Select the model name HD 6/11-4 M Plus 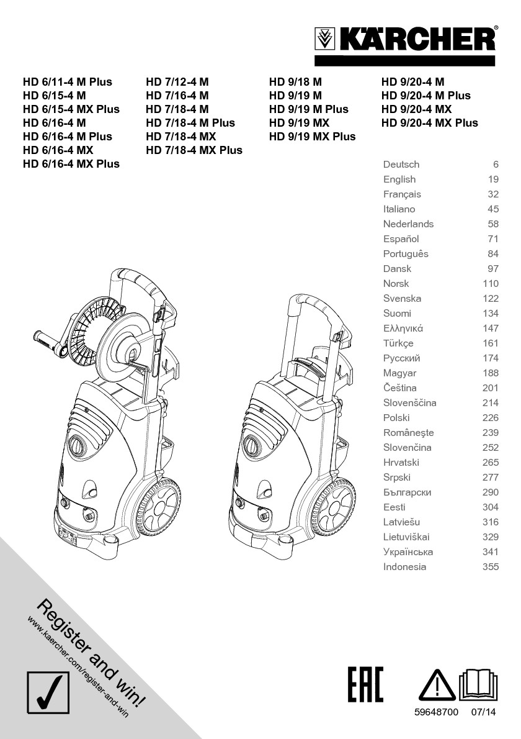68,82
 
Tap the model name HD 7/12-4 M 177,82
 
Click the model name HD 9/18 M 295,82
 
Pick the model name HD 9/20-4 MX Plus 430,123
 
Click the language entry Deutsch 401,165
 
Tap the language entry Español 401,239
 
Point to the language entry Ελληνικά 403,329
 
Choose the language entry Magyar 400,373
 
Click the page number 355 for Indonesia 490,567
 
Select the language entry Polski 396,418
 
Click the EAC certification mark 365,684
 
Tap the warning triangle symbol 437,687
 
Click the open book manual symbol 479,686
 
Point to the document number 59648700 436,714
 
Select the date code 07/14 484,714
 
